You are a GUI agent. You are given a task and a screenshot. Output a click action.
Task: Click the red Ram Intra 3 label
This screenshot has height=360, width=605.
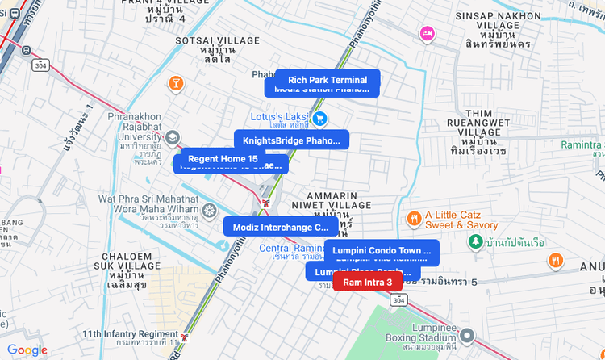367,282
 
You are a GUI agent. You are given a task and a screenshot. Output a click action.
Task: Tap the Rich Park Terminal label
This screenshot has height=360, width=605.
327,80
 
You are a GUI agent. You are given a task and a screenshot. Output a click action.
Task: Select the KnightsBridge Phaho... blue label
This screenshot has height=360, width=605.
291,140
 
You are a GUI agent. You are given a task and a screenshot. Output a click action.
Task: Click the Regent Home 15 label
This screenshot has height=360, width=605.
223,158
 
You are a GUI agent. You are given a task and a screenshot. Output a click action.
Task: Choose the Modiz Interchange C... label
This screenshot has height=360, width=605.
280,227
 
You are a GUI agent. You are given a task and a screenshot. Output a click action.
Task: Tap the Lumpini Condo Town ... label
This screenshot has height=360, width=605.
382,250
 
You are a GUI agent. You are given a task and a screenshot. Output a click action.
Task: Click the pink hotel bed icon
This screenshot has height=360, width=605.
428,33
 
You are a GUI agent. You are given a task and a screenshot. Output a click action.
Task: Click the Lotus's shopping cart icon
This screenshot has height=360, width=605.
320,119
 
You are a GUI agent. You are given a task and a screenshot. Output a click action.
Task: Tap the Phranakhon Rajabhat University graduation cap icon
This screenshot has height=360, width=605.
172,139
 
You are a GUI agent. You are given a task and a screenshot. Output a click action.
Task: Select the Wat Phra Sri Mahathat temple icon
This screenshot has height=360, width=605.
209,211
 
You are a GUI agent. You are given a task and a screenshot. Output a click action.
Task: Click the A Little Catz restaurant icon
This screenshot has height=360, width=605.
413,218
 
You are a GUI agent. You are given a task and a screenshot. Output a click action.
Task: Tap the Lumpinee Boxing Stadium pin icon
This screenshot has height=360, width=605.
467,334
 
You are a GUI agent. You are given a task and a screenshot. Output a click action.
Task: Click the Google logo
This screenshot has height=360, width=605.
27,350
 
